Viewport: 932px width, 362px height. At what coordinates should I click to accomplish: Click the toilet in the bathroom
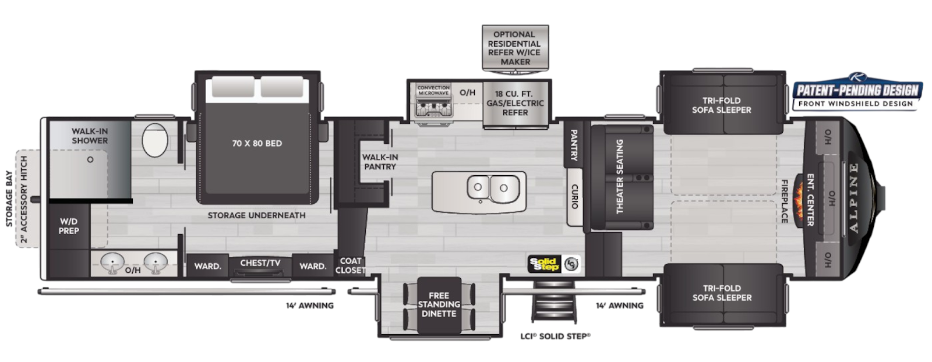155,140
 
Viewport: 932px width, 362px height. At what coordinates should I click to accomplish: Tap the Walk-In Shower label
90,136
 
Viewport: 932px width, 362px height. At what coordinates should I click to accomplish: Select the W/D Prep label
69,226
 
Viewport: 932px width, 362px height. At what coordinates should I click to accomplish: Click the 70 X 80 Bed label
257,143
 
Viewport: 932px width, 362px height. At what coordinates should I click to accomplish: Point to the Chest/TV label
260,262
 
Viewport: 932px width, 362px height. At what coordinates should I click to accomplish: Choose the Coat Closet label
350,265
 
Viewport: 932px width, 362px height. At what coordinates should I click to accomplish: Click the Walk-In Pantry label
380,162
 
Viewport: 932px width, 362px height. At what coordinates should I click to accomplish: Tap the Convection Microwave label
433,90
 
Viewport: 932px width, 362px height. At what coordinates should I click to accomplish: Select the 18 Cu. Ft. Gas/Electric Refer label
515,103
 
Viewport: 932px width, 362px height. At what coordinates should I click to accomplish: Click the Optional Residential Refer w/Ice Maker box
515,48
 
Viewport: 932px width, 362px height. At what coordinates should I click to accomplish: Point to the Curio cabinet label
574,196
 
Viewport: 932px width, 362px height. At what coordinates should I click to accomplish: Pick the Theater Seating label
620,177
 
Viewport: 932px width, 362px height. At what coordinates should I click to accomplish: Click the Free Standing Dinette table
439,304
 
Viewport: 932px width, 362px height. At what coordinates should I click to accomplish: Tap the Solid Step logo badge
544,264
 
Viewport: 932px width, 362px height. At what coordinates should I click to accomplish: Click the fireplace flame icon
798,201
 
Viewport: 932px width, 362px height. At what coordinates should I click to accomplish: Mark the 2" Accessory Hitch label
24,200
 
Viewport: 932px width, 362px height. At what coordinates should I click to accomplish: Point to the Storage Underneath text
257,215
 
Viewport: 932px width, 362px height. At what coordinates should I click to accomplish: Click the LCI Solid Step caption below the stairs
556,336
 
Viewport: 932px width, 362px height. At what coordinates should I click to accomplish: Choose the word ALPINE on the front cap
854,197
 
